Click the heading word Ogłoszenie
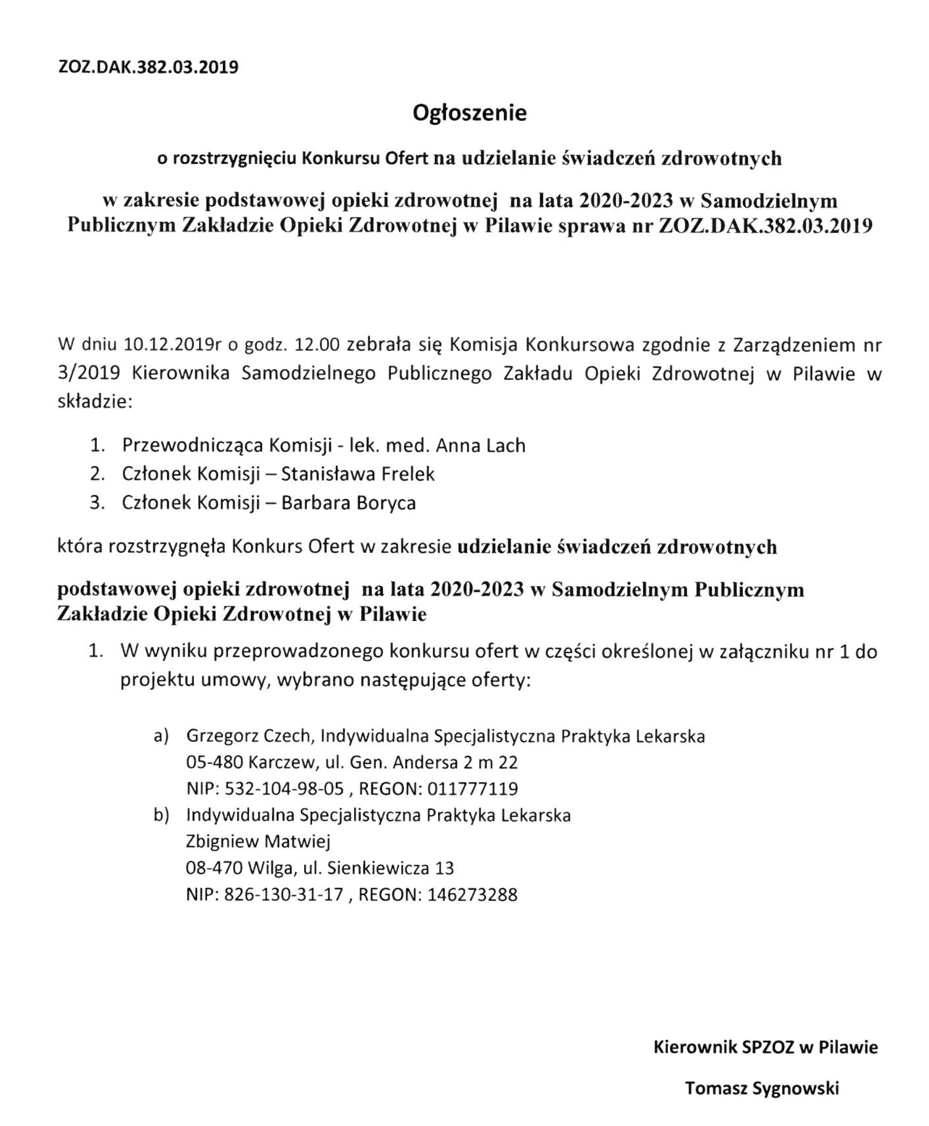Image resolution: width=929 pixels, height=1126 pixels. [x=469, y=113]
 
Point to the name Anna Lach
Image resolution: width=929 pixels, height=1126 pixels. [x=481, y=445]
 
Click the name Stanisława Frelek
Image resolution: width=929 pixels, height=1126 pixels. [x=358, y=474]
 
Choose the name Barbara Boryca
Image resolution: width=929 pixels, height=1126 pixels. [x=348, y=503]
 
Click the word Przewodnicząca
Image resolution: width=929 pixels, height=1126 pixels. [x=192, y=445]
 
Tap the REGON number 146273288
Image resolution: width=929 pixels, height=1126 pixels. [x=472, y=895]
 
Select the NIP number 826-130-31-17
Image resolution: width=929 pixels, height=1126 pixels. [x=284, y=895]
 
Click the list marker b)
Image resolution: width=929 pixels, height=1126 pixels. [x=161, y=815]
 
